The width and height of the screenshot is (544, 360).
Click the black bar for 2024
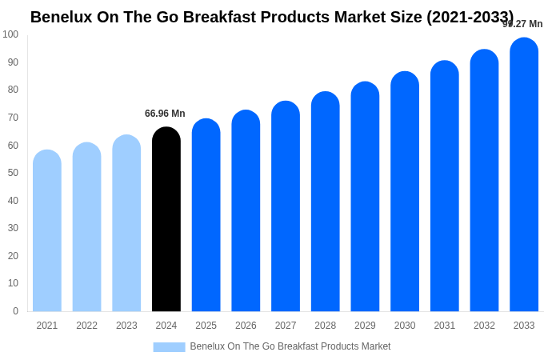coord(166,219)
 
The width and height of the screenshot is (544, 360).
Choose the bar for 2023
coord(126,223)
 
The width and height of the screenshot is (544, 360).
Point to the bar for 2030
coord(405,191)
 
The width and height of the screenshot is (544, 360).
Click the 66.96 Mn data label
coord(165,114)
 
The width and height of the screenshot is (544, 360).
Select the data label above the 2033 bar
coord(522,24)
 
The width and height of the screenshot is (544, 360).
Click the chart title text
coord(272,17)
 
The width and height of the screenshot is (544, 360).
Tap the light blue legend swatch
coord(169,347)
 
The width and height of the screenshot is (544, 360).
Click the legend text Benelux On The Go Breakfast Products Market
coord(290,346)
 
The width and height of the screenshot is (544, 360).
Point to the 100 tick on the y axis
coord(10,34)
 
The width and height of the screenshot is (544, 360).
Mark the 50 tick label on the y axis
coord(13,173)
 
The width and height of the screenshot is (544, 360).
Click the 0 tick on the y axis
coord(15,311)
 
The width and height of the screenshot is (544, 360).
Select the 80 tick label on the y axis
coord(13,90)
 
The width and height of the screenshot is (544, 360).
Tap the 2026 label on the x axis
coord(246,326)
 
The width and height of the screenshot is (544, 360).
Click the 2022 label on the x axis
coord(87,326)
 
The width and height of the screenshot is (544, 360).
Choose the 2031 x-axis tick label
coord(445,326)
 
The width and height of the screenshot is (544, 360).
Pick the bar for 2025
coord(206,215)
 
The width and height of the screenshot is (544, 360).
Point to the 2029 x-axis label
coord(365,326)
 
